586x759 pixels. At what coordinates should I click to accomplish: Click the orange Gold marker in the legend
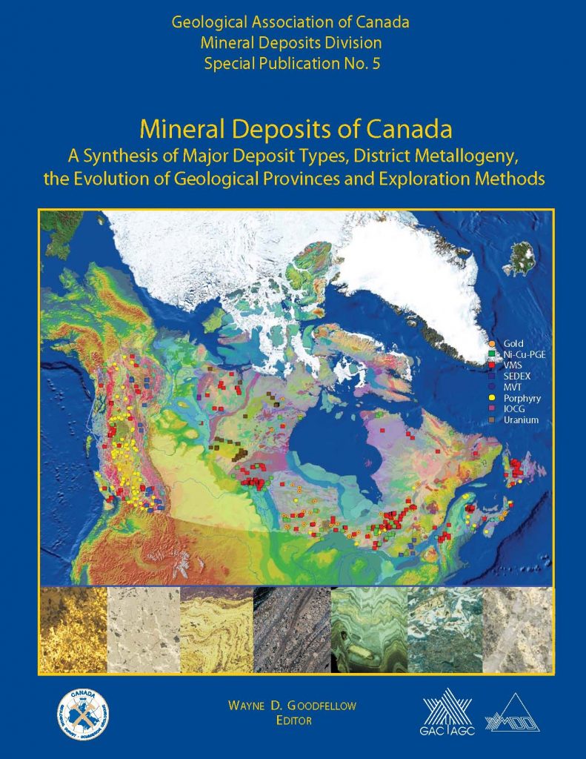point(492,344)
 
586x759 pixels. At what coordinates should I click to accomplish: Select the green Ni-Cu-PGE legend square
point(492,355)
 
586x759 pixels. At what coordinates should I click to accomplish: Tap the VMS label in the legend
point(512,365)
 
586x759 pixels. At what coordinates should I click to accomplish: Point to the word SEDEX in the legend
point(516,377)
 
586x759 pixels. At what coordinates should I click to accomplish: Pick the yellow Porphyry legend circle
point(492,398)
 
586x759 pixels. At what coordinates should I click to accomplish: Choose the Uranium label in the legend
point(520,420)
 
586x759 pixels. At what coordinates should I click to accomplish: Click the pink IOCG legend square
point(492,409)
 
